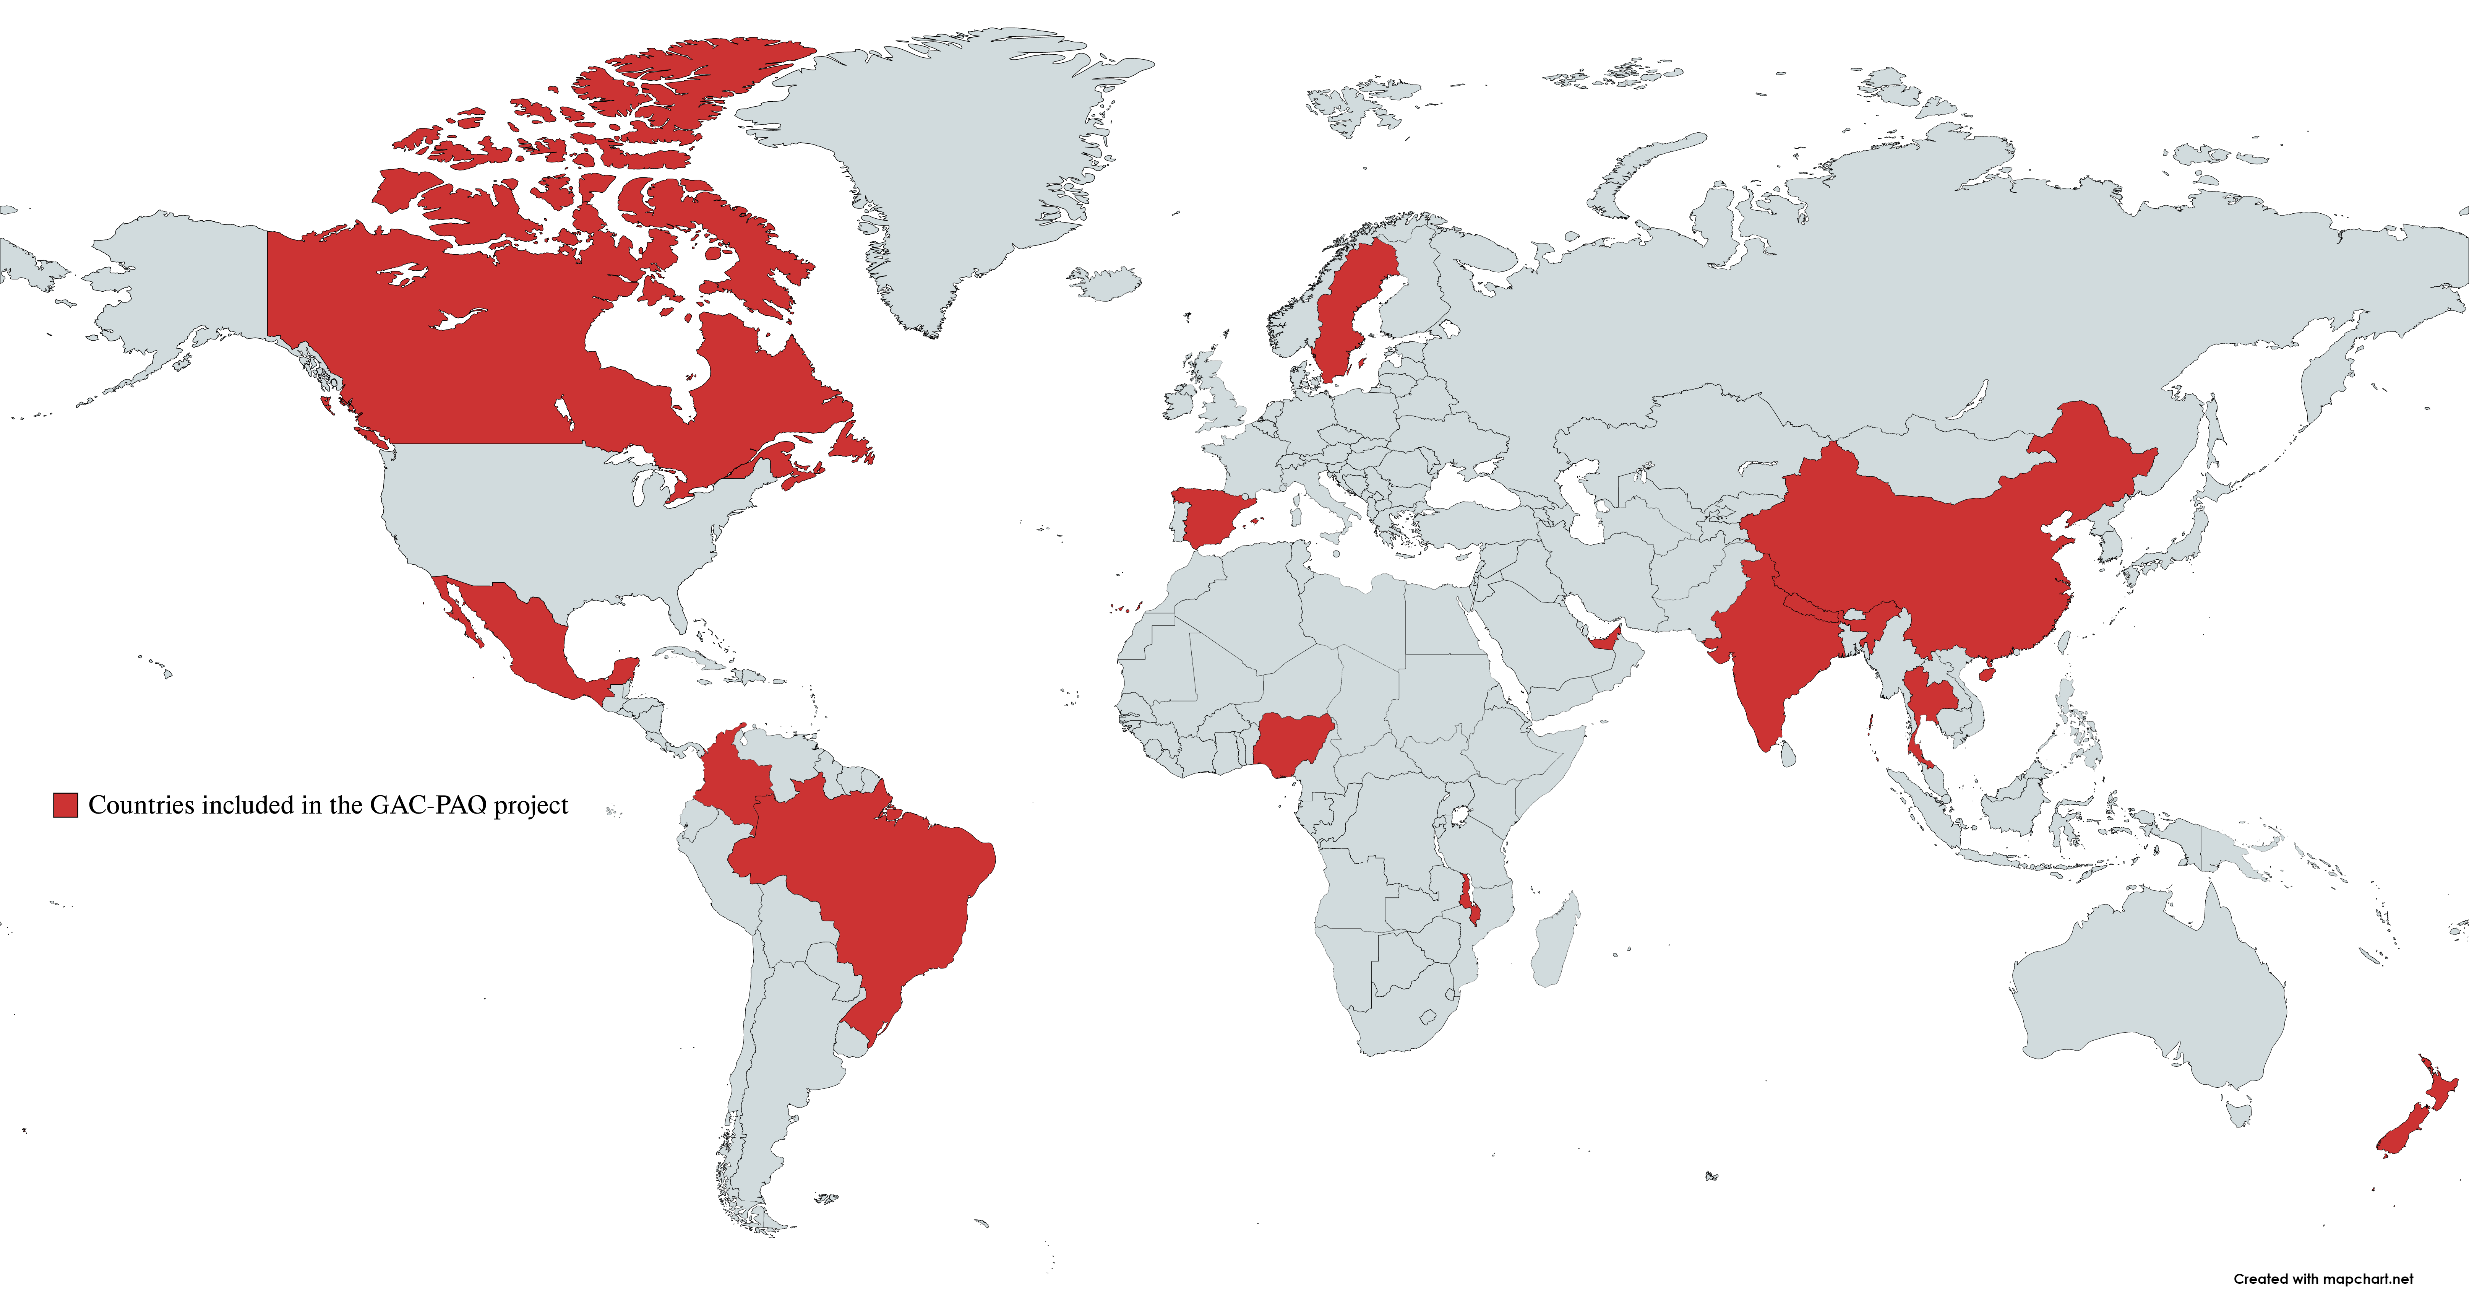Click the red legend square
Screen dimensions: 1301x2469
pyautogui.click(x=65, y=805)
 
